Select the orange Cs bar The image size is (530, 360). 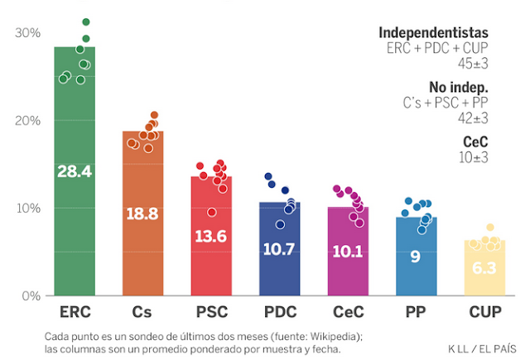pyautogui.click(x=142, y=248)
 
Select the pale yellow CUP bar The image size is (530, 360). pyautogui.click(x=484, y=281)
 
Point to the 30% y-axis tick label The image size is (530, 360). pyautogui.click(x=27, y=32)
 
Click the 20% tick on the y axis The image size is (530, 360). pyautogui.click(x=27, y=120)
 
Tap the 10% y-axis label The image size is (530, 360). pyautogui.click(x=27, y=208)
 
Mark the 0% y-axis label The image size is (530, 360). pyautogui.click(x=31, y=295)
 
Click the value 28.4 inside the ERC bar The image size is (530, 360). pyautogui.click(x=75, y=171)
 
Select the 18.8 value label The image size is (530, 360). pyautogui.click(x=142, y=214)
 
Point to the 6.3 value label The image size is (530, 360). pyautogui.click(x=484, y=268)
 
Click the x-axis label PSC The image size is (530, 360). pyautogui.click(x=211, y=314)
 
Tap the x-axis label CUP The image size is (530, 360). pyautogui.click(x=484, y=314)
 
